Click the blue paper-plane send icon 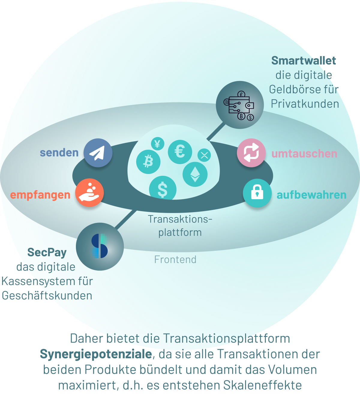coord(98,153)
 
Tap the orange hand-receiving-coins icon coord(89,193)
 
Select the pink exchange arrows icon coord(251,153)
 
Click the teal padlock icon coord(257,193)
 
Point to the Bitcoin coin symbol coord(148,162)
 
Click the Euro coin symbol coord(180,152)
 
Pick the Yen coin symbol coord(157,143)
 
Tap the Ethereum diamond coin coord(195,174)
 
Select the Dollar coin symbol coord(163,188)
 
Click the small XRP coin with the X coord(204,155)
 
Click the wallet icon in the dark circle coord(240,105)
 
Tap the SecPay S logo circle coord(100,247)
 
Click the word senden coord(59,153)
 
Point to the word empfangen coord(40,195)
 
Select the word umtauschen coord(304,154)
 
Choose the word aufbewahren coord(312,195)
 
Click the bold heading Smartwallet coord(304,60)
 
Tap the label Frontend coord(175,259)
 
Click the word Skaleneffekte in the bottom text coord(262,385)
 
